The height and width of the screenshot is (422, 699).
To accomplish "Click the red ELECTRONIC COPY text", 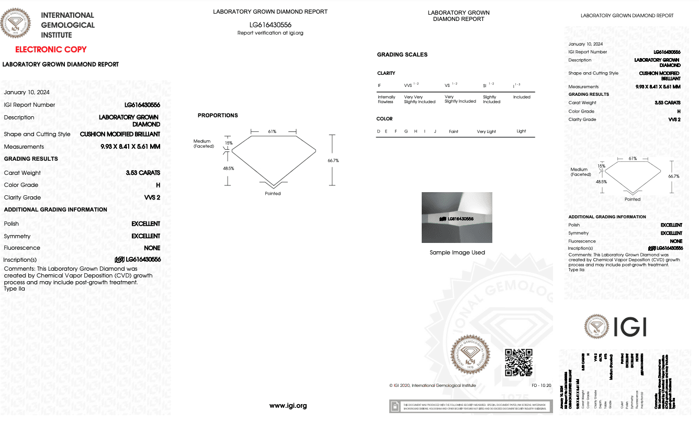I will pyautogui.click(x=51, y=50).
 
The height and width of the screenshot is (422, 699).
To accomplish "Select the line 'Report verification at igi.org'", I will pyautogui.click(x=270, y=33).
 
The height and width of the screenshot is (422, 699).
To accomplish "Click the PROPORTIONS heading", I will pyautogui.click(x=218, y=115).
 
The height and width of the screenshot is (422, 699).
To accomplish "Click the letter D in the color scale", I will pyautogui.click(x=378, y=131).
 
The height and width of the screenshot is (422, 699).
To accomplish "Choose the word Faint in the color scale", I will pyautogui.click(x=454, y=131).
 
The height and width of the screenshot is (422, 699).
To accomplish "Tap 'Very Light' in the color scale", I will pyautogui.click(x=486, y=131).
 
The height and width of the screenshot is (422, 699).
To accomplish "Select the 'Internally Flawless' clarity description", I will pyautogui.click(x=387, y=99).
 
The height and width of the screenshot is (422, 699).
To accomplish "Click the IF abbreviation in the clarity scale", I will pyautogui.click(x=379, y=85).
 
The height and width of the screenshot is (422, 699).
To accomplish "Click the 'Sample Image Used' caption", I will pyautogui.click(x=457, y=252).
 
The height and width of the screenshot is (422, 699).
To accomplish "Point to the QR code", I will pyautogui.click(x=518, y=362).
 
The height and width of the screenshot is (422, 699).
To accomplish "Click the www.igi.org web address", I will pyautogui.click(x=288, y=405).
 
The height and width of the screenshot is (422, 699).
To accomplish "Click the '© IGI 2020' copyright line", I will pyautogui.click(x=432, y=385).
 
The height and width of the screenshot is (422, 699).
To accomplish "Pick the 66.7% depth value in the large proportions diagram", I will pyautogui.click(x=333, y=160).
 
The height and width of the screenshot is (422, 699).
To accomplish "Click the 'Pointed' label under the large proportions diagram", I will pyautogui.click(x=273, y=193).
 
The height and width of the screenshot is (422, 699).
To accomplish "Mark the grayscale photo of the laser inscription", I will pyautogui.click(x=457, y=217).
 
